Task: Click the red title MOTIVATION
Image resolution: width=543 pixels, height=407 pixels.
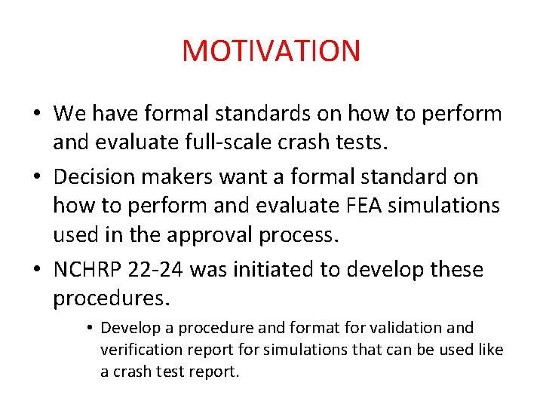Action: tap(271, 50)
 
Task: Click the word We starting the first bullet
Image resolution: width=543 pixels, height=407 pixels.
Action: tap(70, 114)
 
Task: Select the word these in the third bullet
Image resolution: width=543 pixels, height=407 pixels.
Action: tap(452, 269)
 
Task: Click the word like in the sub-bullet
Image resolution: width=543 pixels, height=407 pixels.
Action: tap(489, 350)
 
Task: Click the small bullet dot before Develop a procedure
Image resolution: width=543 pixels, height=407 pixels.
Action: tap(89, 329)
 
